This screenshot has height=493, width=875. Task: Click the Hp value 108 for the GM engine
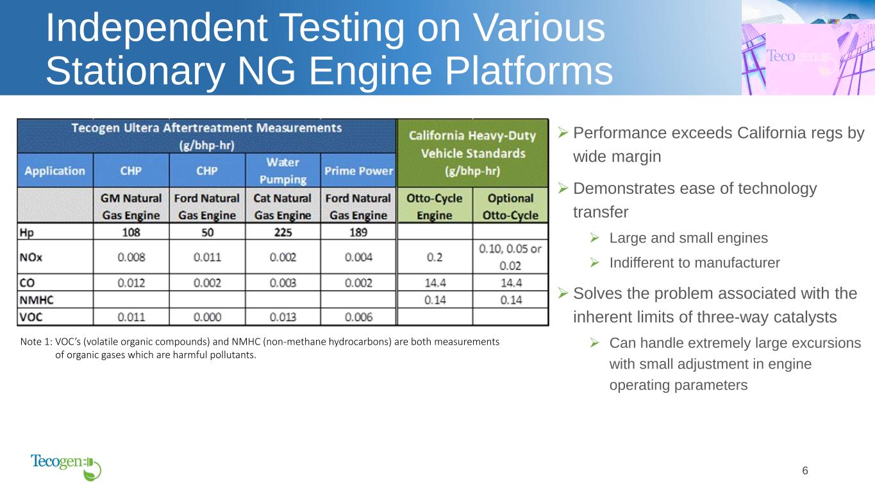(131, 232)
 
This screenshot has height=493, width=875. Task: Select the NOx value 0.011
(207, 257)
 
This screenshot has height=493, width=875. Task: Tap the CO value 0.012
(131, 282)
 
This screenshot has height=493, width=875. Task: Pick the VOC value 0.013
(283, 317)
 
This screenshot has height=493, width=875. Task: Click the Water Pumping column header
(283, 171)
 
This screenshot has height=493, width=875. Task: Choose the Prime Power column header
(358, 171)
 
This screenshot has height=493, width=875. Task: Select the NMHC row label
(37, 300)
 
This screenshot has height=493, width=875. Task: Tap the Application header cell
(54, 171)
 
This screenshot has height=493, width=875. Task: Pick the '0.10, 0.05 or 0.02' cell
(510, 257)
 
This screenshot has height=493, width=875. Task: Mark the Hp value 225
(283, 232)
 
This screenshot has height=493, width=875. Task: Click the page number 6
(804, 471)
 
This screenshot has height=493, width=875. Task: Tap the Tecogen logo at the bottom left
(66, 467)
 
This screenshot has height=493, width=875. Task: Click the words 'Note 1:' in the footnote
(36, 342)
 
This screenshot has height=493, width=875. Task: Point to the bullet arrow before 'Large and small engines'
(594, 238)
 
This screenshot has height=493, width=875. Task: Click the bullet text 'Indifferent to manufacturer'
(694, 263)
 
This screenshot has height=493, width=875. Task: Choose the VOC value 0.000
(207, 317)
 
